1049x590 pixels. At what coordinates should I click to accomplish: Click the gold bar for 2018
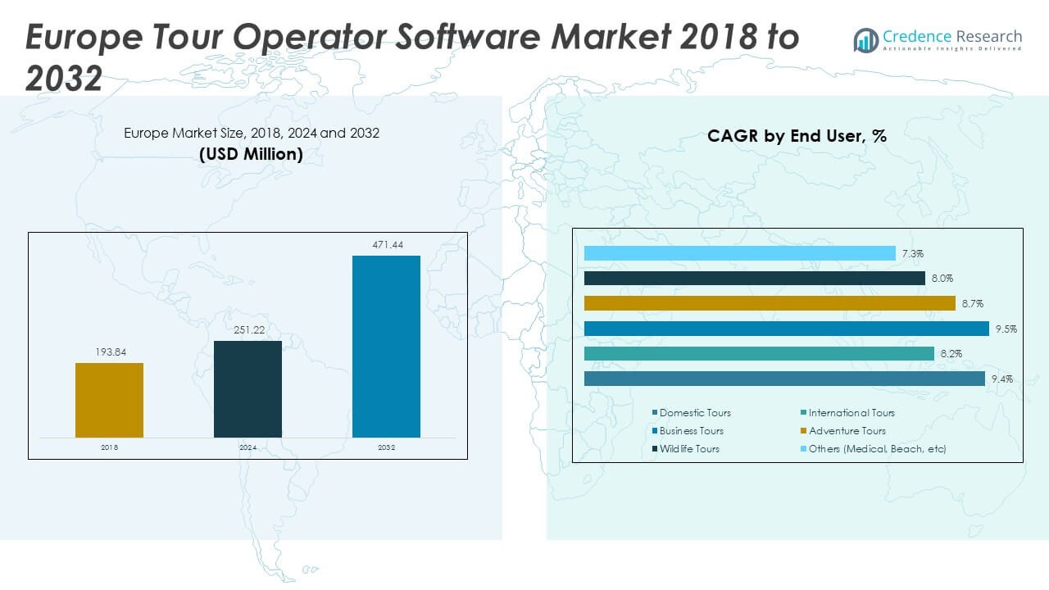[x=109, y=400]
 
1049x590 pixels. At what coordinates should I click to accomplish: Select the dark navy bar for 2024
[x=247, y=389]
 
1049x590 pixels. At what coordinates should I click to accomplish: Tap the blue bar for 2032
[x=386, y=347]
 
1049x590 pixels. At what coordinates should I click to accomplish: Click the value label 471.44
[x=387, y=245]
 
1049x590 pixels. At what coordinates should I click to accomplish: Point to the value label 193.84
[x=109, y=352]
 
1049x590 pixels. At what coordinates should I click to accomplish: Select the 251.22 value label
[x=247, y=330]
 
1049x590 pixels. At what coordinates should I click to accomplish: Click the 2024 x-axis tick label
[x=247, y=447]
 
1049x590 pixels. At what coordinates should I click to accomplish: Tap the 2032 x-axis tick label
[x=386, y=447]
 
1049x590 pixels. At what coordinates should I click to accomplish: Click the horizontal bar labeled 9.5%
[x=787, y=329]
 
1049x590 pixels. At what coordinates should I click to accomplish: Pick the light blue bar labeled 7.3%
[x=739, y=253]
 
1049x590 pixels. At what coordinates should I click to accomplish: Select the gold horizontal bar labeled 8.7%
[x=770, y=303]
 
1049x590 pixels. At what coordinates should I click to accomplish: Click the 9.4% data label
[x=1002, y=379]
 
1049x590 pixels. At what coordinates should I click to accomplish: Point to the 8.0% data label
[x=942, y=279]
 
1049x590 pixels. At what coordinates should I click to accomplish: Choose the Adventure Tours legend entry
[x=847, y=431]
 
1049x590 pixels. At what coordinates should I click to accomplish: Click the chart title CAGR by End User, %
[x=797, y=136]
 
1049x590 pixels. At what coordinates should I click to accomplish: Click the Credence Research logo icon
[x=865, y=39]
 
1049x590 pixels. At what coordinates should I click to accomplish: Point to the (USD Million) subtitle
[x=251, y=154]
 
